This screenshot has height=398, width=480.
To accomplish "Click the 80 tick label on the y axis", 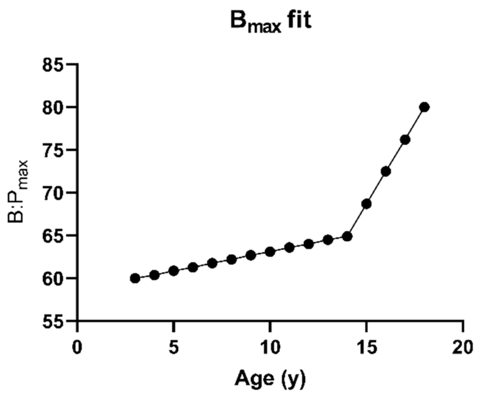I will pyautogui.click(x=53, y=108).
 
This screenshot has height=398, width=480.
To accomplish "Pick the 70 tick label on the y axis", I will pyautogui.click(x=53, y=193).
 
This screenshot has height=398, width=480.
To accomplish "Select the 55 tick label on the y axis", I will pyautogui.click(x=53, y=322).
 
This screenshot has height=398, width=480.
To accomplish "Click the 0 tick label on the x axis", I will pyautogui.click(x=77, y=348).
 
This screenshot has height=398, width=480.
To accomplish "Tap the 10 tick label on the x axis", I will pyautogui.click(x=269, y=348).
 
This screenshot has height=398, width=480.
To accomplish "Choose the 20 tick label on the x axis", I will pyautogui.click(x=462, y=348).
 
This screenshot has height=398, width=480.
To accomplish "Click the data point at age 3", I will pyautogui.click(x=135, y=278).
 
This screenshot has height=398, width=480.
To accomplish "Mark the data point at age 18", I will pyautogui.click(x=425, y=107).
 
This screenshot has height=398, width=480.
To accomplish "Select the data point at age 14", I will pyautogui.click(x=347, y=237).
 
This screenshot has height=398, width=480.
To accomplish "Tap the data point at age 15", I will pyautogui.click(x=367, y=204).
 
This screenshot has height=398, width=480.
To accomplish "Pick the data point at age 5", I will pyautogui.click(x=173, y=271).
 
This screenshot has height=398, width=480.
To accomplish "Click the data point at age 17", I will pyautogui.click(x=405, y=140).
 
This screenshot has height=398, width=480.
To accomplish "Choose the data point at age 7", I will pyautogui.click(x=212, y=263).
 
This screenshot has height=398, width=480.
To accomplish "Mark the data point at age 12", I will pyautogui.click(x=309, y=244).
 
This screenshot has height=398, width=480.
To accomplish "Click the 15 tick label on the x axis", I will pyautogui.click(x=366, y=348).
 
